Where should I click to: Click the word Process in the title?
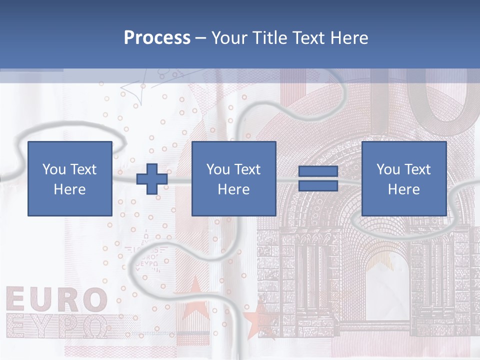click(157, 38)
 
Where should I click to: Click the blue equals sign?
click(318, 178)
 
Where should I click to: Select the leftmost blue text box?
click(70, 178)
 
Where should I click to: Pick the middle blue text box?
click(234, 178)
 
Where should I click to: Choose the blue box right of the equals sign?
click(404, 178)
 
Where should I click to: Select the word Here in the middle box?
click(234, 189)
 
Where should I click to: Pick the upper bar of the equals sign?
click(318, 171)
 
